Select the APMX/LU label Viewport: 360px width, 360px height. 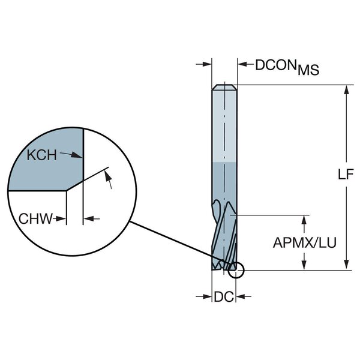[304, 242]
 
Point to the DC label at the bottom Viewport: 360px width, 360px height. [223, 296]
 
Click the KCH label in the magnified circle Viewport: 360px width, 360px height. [42, 155]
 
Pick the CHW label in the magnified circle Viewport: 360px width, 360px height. [34, 218]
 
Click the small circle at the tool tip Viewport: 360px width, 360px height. [237, 271]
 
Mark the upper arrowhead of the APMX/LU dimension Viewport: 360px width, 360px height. [304, 219]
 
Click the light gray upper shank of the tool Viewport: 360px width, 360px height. [224, 126]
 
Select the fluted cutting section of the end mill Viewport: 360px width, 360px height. [224, 234]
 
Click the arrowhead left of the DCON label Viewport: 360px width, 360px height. [208, 63]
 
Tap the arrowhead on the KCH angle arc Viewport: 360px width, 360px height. [108, 175]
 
